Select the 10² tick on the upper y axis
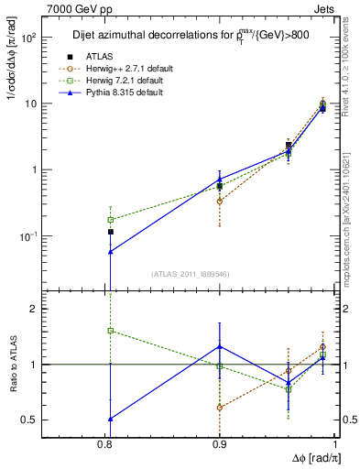(53, 38)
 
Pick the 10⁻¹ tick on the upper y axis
(53, 236)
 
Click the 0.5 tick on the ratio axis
(51, 420)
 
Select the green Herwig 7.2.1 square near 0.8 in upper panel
(111, 220)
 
